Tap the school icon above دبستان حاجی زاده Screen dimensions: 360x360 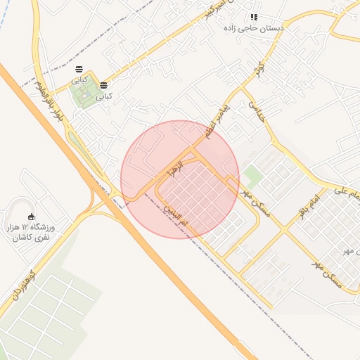254,17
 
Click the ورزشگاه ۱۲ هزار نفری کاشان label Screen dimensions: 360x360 34,233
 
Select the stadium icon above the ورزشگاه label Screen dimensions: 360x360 30,217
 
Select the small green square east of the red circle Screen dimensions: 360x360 251,176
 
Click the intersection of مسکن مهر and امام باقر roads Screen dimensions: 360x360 285,229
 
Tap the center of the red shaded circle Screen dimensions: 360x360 180,179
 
